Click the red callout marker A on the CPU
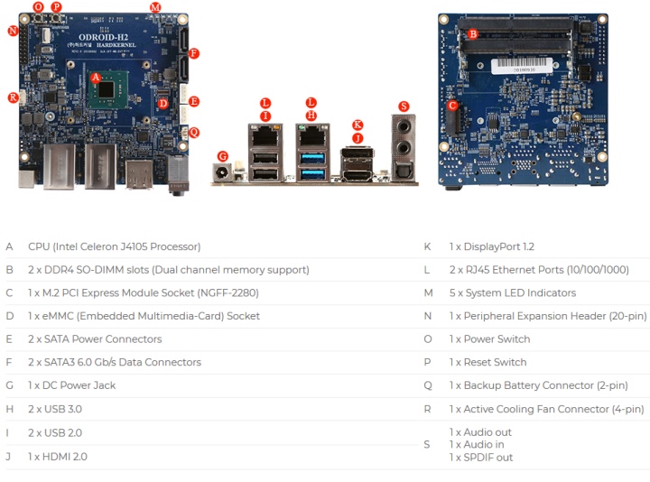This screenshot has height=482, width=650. coord(96,78)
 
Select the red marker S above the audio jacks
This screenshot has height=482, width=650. coord(403,106)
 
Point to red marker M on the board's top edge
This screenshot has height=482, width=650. coord(155,7)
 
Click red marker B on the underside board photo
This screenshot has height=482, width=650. coord(472,34)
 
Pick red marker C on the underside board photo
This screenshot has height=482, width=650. coord(452,105)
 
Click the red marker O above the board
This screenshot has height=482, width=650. coord(38,6)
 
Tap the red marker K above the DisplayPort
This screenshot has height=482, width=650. coord(357,125)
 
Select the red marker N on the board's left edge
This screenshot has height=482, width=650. coord(13,31)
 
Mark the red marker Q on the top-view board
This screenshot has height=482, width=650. coord(194,131)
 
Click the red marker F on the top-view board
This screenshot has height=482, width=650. coord(194,53)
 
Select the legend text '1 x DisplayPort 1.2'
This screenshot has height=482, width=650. coord(491,246)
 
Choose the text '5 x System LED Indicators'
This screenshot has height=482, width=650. coord(512,292)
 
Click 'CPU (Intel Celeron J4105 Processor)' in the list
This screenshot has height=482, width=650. coord(114,246)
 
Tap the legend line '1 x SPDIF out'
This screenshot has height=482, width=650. coord(481,457)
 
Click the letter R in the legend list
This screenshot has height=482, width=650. coord(427,409)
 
